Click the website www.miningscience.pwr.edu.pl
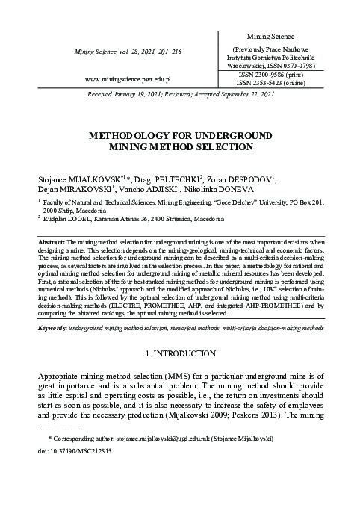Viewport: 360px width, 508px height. coord(129,78)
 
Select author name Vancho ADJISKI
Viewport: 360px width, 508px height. coord(158,190)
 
